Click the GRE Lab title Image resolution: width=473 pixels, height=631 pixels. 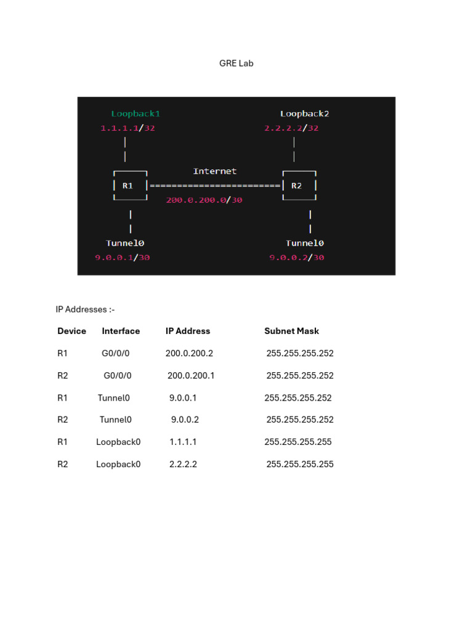(x=236, y=63)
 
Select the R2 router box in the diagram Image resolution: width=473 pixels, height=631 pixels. (x=299, y=185)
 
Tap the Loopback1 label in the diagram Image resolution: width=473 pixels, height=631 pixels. (x=135, y=113)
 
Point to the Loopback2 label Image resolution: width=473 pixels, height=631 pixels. (x=304, y=113)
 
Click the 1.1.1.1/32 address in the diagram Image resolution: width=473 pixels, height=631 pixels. (x=132, y=128)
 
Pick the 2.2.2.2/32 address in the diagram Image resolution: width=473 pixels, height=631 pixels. (x=291, y=128)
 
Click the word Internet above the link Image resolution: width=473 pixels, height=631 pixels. (x=214, y=171)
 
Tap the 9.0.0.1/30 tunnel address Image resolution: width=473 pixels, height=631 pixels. (x=122, y=258)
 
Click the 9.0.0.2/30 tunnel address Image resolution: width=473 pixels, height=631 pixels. (x=296, y=258)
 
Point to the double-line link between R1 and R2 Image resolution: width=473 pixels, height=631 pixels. (x=214, y=185)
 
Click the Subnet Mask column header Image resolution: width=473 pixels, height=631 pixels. (x=292, y=331)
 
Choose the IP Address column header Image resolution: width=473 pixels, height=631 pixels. (x=188, y=331)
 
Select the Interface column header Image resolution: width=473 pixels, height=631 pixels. (x=121, y=331)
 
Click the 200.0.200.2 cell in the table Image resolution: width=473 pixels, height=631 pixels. (x=189, y=353)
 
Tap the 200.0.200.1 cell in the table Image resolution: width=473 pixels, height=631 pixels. (x=191, y=375)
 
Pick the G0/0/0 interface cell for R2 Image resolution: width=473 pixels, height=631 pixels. (x=118, y=375)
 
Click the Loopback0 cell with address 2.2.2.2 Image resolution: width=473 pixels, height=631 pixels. (x=118, y=464)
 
